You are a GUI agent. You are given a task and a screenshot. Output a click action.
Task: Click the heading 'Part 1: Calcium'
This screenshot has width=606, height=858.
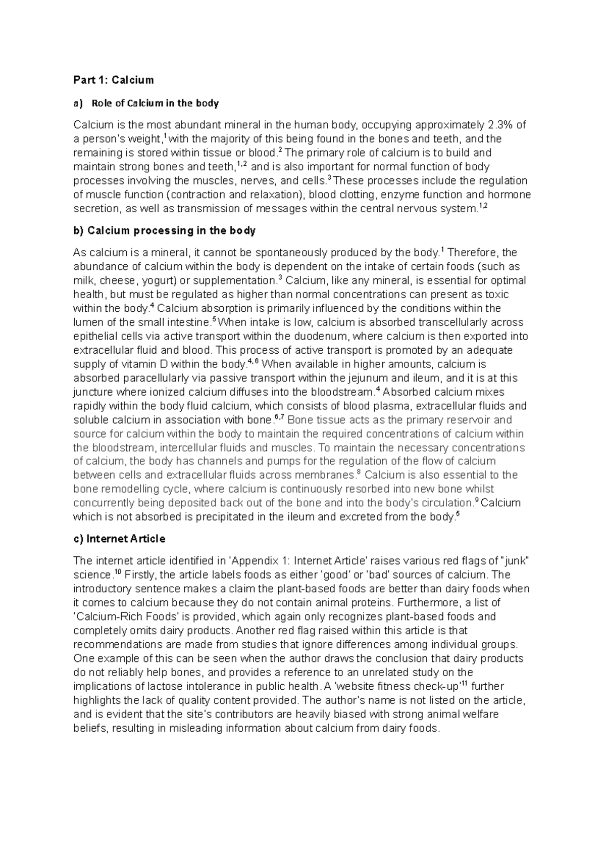113,80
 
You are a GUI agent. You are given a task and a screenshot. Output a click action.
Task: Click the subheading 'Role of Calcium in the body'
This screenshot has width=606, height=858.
155,103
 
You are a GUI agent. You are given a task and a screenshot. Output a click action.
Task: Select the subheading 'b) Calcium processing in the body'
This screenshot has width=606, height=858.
164,230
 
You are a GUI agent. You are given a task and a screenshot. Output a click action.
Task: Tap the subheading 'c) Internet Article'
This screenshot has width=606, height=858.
119,539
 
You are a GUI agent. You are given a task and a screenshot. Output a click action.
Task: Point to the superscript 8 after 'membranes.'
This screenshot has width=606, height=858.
359,472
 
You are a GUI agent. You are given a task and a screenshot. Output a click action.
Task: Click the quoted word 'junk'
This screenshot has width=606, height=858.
515,561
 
